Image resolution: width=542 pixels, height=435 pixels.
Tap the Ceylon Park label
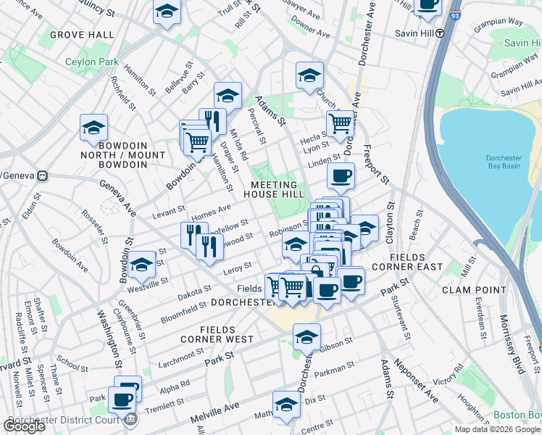tap(91, 62)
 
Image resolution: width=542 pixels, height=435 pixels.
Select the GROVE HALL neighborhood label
tap(82, 34)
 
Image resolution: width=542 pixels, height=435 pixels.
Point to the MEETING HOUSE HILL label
tap(274, 189)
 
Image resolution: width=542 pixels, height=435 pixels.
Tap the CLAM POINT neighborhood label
tap(471, 290)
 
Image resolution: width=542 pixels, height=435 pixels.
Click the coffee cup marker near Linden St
tap(341, 175)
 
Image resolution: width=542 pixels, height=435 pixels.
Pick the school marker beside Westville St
tap(142, 263)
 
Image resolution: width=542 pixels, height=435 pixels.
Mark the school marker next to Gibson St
tap(307, 336)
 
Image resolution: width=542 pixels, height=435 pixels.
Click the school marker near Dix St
tap(286, 405)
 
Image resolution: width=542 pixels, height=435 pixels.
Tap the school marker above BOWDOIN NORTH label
tap(94, 128)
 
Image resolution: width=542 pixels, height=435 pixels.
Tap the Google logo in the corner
tap(24, 426)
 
